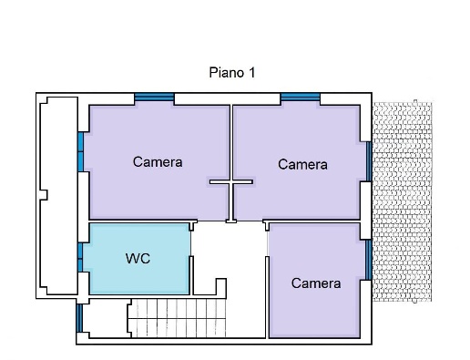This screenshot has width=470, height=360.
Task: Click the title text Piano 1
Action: coord(232,73)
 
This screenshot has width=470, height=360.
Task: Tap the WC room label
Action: coord(138,259)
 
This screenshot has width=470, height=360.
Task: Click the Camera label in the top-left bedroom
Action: coord(158,162)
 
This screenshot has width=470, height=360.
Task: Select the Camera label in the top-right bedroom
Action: coord(302,165)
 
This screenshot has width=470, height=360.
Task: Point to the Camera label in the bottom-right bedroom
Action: coord(316,283)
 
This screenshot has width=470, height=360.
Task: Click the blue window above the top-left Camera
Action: coord(154,98)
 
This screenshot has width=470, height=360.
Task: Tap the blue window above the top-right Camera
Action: coord(301,98)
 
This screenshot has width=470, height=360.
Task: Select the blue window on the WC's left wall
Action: coord(80,258)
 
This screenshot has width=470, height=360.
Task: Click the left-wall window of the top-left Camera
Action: coord(80,152)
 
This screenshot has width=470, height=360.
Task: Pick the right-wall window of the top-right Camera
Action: coord(369,161)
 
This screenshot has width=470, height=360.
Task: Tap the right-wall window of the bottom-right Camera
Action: coord(369,260)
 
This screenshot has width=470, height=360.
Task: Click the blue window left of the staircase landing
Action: coord(79,318)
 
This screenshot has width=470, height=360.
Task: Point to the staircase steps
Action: coord(178,318)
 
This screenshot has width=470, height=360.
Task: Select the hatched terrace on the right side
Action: coord(403,201)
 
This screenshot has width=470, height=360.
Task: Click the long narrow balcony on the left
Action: coord(59,196)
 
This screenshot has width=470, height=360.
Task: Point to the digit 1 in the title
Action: coord(251,73)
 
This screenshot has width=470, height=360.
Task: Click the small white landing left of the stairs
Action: coord(107,318)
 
